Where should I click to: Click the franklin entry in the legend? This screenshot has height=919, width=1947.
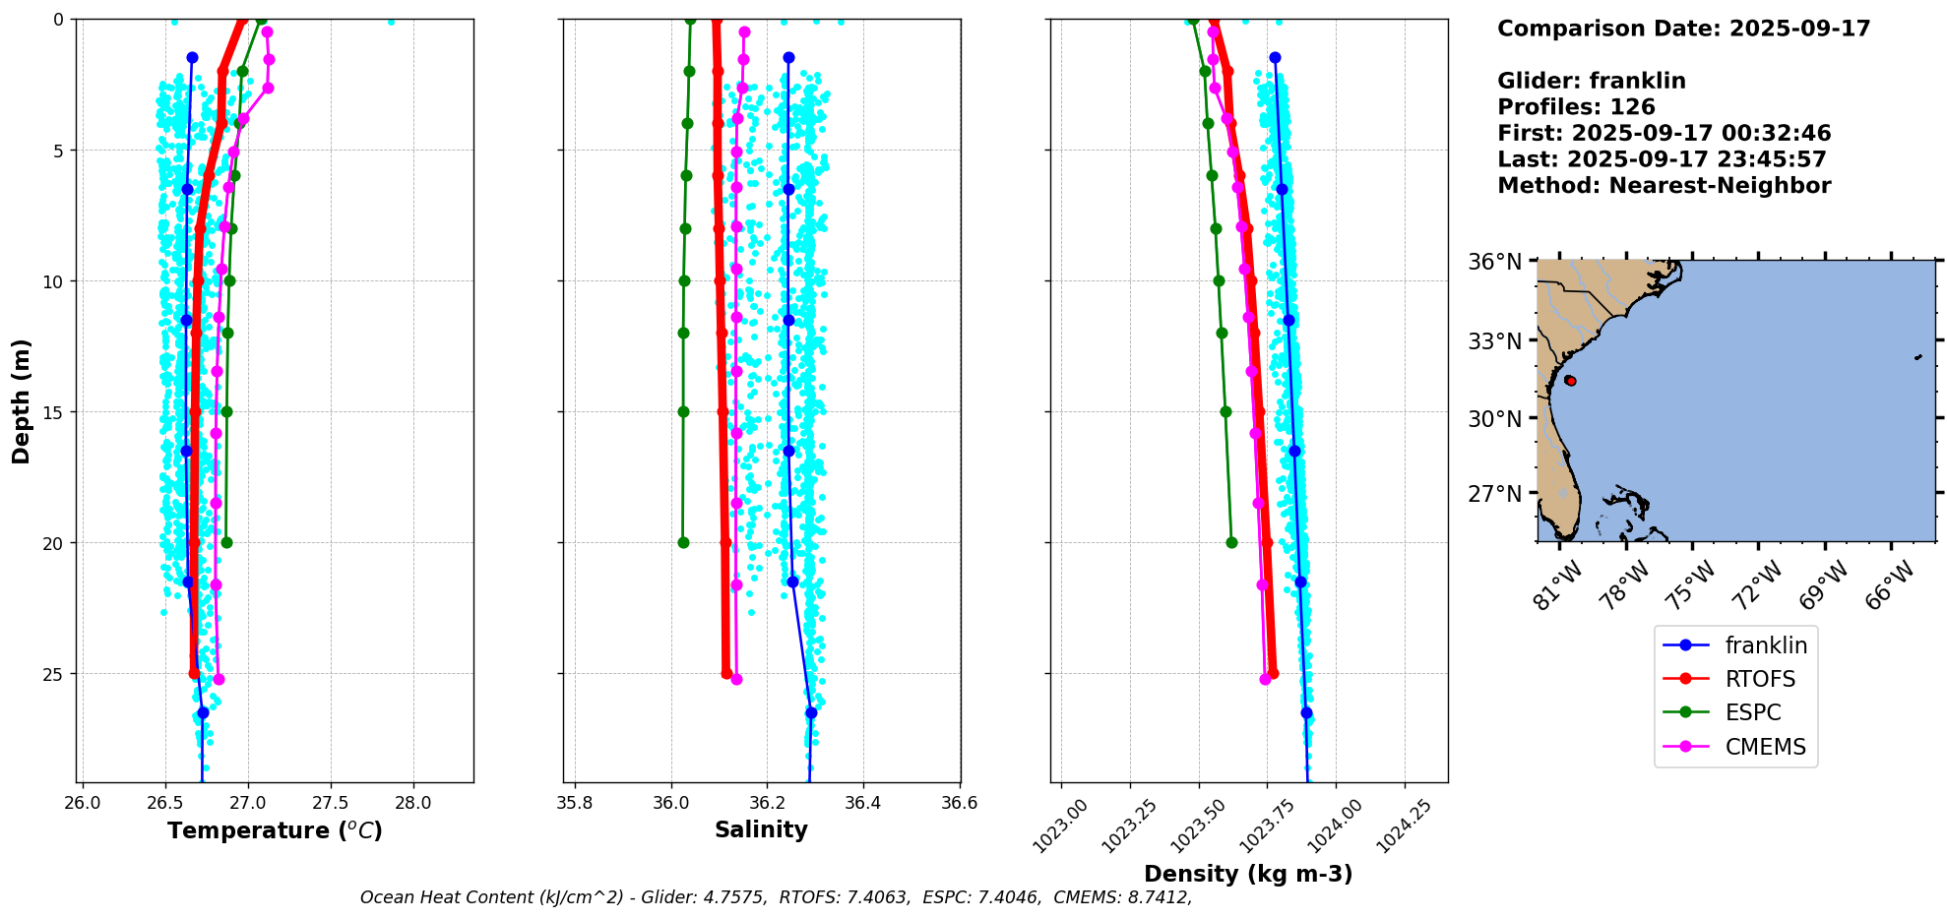[1765, 645]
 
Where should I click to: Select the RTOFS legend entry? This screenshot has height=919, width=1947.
[1760, 679]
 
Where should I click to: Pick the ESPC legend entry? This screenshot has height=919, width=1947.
[1753, 712]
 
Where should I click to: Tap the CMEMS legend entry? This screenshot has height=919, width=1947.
[1765, 747]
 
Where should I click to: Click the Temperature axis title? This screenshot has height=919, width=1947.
[275, 830]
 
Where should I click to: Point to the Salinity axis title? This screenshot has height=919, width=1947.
[761, 829]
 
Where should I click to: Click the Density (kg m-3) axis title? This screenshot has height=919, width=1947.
[1248, 874]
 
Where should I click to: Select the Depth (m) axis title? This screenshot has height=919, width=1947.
[21, 401]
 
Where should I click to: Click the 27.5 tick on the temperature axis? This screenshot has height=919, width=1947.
[331, 803]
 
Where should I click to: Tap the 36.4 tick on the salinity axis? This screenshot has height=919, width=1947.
[863, 803]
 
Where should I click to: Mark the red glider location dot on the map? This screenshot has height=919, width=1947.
[1571, 381]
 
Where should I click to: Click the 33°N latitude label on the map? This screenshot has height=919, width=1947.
[1494, 341]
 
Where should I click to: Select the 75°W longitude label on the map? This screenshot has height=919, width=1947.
[1692, 584]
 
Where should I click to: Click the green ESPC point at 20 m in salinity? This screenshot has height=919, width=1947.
[683, 542]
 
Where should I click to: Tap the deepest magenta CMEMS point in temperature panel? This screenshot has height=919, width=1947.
[219, 679]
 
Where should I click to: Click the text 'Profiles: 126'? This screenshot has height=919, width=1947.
[1576, 107]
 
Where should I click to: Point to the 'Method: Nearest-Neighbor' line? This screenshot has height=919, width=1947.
[1664, 186]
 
